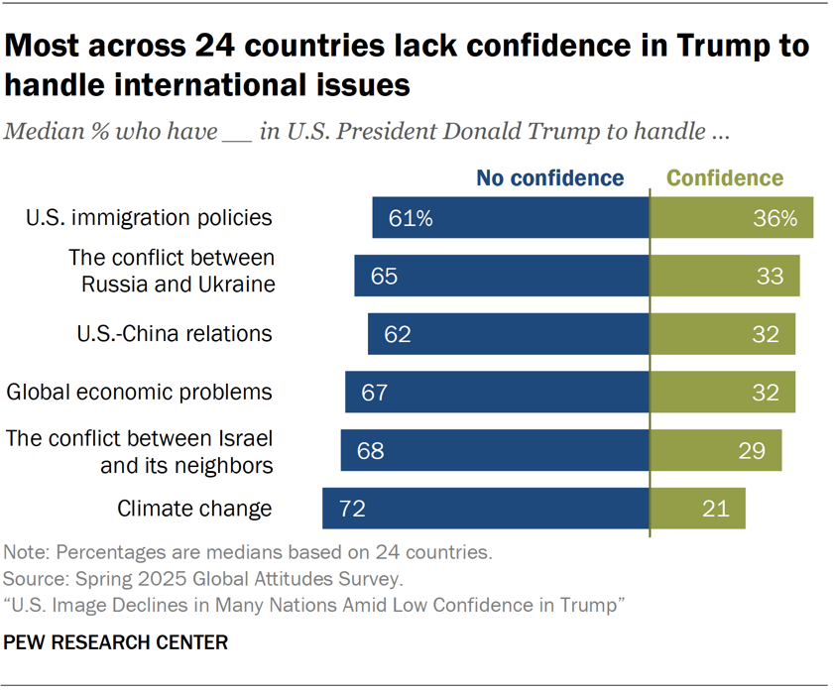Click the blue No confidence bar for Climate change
click(x=485, y=509)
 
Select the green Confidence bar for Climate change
click(x=697, y=509)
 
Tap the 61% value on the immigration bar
click(x=411, y=218)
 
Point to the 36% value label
click(x=775, y=218)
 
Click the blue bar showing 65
click(x=502, y=276)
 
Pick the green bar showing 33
click(x=724, y=276)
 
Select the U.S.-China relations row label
click(x=174, y=334)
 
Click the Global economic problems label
click(x=140, y=392)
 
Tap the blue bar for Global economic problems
click(x=497, y=393)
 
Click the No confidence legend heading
click(x=550, y=178)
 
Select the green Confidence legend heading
click(x=725, y=178)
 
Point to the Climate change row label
click(x=194, y=509)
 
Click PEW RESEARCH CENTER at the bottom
click(x=116, y=643)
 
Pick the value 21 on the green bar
click(x=714, y=509)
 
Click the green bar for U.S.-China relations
click(x=722, y=334)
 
